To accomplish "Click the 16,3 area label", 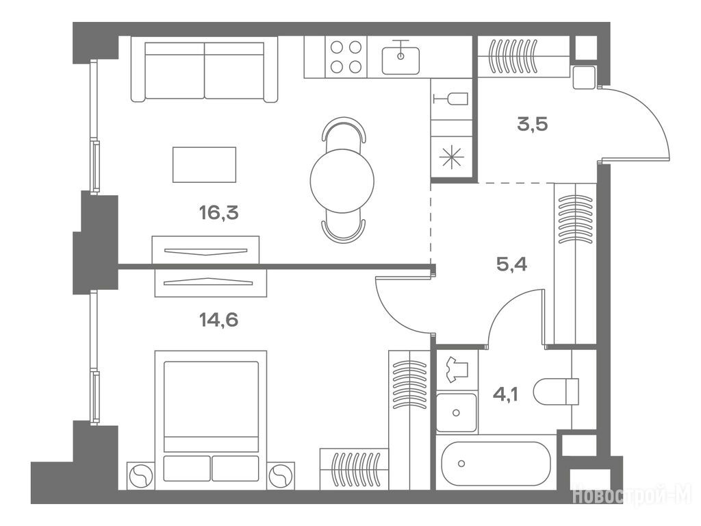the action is click(218, 213).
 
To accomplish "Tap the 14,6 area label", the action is click(218, 320).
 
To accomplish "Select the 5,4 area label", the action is click(512, 264).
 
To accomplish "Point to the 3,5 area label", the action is click(533, 124).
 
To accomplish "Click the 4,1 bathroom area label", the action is click(506, 394).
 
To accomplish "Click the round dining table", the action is click(342, 181).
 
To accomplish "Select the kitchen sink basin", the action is click(400, 60).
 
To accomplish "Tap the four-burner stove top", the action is click(346, 57).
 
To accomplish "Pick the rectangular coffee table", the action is click(204, 164).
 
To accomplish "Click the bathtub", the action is click(496, 464).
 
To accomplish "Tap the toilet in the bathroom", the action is click(557, 391).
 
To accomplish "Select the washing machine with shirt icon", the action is click(457, 370).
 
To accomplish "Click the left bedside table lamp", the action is click(141, 475).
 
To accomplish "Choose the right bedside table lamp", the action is click(281, 475).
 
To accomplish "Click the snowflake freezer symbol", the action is click(451, 158).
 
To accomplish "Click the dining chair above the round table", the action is click(344, 130).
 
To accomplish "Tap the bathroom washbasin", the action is click(457, 412).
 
